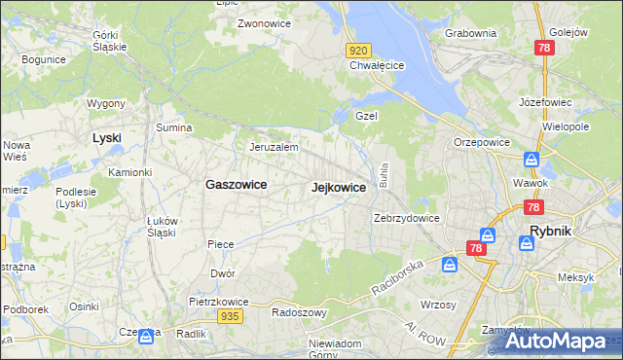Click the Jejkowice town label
(339, 187)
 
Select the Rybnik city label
(556, 232)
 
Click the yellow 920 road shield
(358, 50)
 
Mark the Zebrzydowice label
(407, 218)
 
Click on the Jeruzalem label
(273, 147)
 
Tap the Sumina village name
(173, 127)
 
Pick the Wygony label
(105, 103)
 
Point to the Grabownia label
(470, 33)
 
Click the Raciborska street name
(397, 277)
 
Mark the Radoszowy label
(298, 313)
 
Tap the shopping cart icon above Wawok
(531, 160)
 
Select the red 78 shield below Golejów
(545, 48)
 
